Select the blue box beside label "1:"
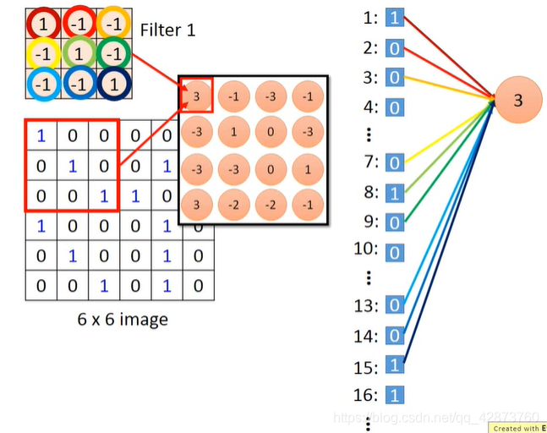395,18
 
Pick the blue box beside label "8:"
395,193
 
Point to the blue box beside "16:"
395,394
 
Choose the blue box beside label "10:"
395,252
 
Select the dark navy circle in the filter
112,85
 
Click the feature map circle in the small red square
195,95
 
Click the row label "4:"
370,107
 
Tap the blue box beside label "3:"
395,78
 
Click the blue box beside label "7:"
395,162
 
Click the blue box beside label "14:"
395,336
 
